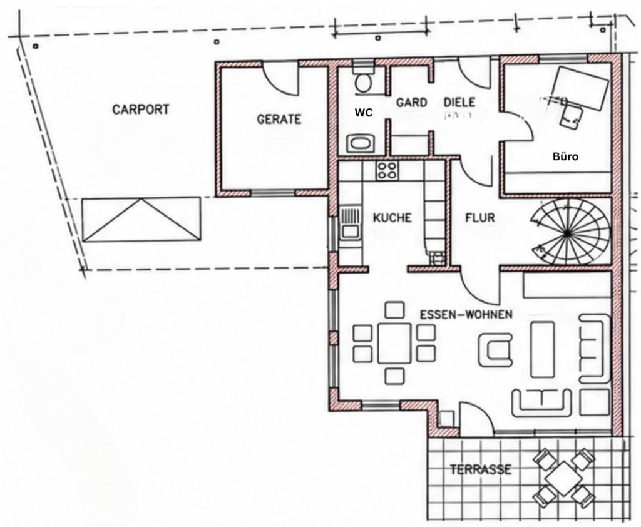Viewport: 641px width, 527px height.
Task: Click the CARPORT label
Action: click(140, 110)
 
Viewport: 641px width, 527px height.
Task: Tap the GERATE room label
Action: click(279, 119)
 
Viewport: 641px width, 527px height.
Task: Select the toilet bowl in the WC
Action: click(362, 83)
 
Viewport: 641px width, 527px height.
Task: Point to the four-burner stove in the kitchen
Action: click(387, 170)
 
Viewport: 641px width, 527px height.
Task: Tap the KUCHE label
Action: click(392, 218)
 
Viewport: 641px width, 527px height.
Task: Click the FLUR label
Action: click(480, 218)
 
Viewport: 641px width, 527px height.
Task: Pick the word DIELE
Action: click(459, 102)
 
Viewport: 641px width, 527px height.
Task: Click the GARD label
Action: click(411, 102)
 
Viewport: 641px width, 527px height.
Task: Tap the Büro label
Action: click(565, 156)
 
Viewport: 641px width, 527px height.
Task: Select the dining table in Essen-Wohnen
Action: click(394, 343)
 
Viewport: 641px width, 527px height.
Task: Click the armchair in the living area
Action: click(496, 350)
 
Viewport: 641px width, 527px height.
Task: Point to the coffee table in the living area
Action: click(543, 349)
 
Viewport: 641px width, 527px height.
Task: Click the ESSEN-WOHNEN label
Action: click(466, 314)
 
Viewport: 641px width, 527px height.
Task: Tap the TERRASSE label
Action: click(481, 469)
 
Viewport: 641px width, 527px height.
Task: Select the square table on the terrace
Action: click(564, 478)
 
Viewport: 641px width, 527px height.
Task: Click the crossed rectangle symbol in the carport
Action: click(141, 220)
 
